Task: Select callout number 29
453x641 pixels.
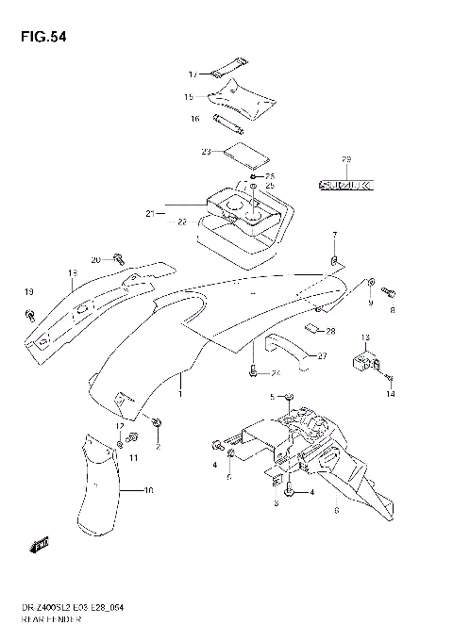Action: (345, 157)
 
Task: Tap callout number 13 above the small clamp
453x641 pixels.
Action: (365, 337)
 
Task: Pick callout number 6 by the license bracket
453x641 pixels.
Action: (336, 510)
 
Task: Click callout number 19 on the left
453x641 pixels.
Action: (29, 291)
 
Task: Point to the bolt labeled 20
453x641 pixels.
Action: (118, 256)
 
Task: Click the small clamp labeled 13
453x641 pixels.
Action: (365, 360)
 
